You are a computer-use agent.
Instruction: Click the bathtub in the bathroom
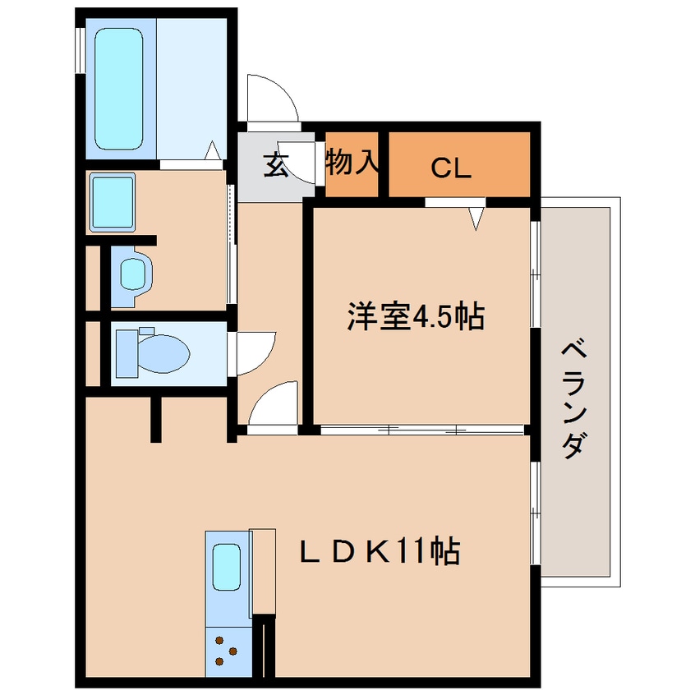point(121,90)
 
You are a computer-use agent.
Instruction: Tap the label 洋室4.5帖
point(415,316)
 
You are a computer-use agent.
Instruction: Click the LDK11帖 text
point(378,551)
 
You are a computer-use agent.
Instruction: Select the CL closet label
point(450,169)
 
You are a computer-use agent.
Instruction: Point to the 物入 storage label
point(352,162)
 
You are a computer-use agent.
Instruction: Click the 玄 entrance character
point(275,166)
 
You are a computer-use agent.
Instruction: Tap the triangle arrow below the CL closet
point(476,218)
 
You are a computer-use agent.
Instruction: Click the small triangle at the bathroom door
point(212,151)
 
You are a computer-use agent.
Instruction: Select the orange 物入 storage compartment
point(352,164)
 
